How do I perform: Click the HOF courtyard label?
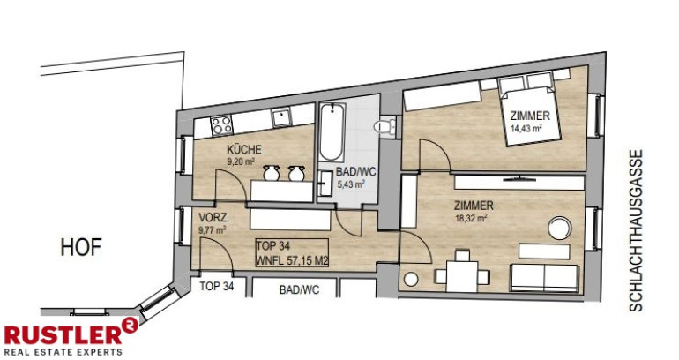coord(81,247)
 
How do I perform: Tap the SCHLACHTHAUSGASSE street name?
coord(636,230)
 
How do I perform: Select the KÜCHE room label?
coord(244,150)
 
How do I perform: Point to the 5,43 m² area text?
coord(351,184)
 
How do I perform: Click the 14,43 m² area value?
coord(526,128)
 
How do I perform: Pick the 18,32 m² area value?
coord(471,218)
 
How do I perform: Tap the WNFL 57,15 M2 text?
coord(292,261)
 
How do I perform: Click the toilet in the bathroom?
coord(384,126)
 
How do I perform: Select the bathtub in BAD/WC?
coord(332,132)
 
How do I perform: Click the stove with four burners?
coord(221,125)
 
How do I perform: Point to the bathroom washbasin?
coord(325,184)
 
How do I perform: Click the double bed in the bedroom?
coord(529,111)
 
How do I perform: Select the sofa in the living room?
coord(545,277)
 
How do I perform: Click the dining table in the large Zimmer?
coord(462,276)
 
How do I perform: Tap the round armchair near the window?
coord(559,228)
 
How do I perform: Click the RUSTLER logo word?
coord(63,335)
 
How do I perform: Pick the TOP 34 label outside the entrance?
coord(217,287)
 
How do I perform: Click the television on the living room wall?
coord(519,178)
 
